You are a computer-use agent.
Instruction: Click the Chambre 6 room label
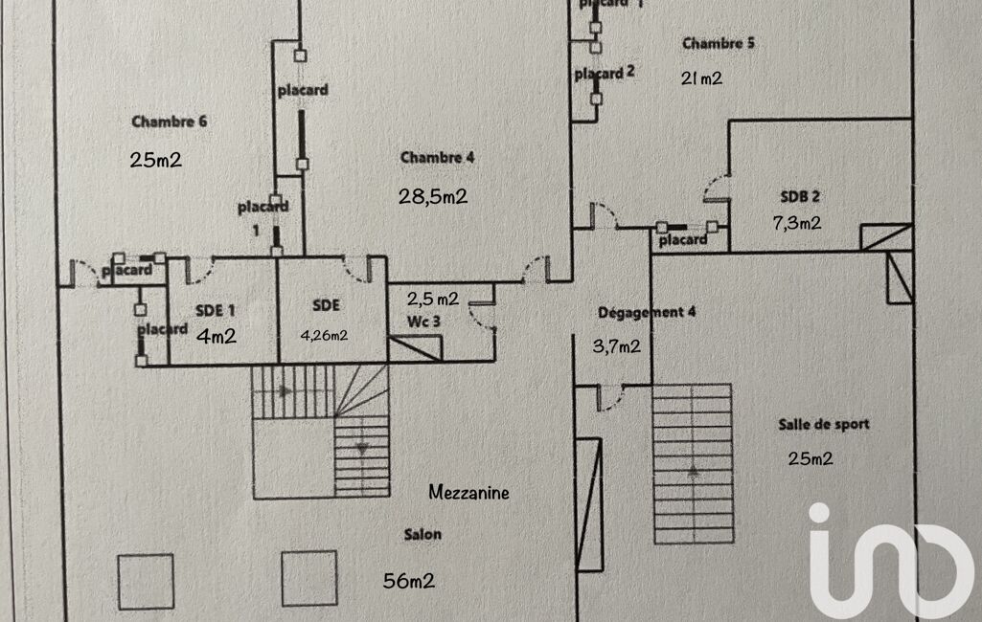coord(170,122)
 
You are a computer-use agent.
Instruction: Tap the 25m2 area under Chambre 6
coord(155,160)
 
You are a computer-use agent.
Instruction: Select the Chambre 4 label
coord(437,158)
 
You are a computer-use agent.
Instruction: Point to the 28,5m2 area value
coord(432,196)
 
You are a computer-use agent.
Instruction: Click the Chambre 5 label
coord(711,43)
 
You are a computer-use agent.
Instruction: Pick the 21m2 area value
coord(701,78)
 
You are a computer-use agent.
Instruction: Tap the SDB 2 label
coord(800,196)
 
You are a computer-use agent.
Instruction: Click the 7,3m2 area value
coord(797,223)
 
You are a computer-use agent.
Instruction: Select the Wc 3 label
coord(423,322)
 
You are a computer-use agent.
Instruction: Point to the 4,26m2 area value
coord(325,335)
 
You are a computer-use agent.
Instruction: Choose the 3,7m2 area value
coord(618,346)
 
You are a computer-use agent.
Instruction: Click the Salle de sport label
coord(823,424)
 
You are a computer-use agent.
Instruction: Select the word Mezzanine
coord(468,494)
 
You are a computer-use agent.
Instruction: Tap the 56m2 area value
coord(410,580)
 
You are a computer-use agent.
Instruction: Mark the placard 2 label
coord(605,73)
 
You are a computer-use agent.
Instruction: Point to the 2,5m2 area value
coord(432,299)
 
